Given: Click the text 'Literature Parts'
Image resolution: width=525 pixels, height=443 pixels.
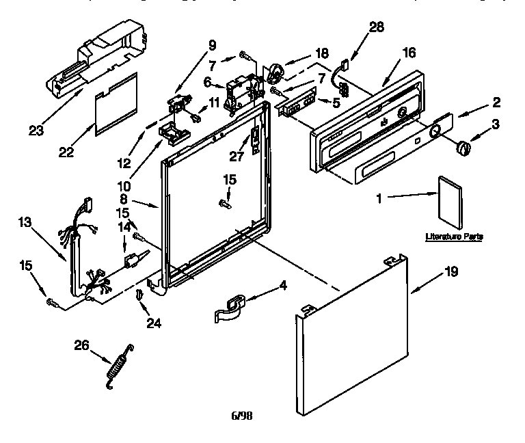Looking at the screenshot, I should click(x=454, y=237).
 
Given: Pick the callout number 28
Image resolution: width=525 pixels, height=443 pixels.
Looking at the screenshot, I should click(x=376, y=27).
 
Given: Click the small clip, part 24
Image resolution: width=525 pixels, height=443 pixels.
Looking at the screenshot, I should click(x=139, y=294).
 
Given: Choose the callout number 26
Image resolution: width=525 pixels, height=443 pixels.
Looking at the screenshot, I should click(x=81, y=345).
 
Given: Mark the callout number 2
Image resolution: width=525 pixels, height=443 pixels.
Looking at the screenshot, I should click(x=496, y=103).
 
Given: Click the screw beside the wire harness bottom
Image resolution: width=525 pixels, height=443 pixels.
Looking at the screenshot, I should click(x=51, y=301).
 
